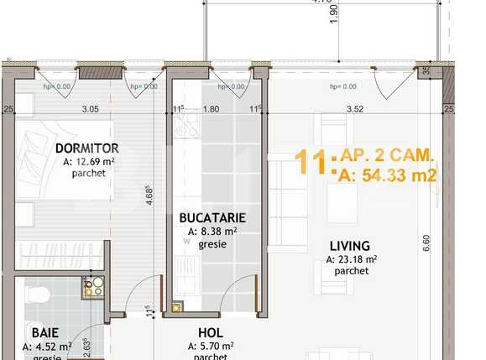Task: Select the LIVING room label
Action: click(350, 245)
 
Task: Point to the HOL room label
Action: click(210, 332)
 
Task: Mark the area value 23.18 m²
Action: click(352, 258)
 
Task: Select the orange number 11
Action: click(311, 162)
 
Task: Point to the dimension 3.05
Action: click(90, 108)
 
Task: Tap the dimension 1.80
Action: click(212, 108)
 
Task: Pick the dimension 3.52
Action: click(355, 108)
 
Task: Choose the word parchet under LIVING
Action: click(350, 271)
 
